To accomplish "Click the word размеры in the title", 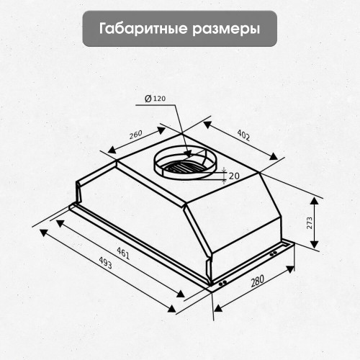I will (226, 29).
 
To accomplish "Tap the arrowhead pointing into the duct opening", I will (186, 153).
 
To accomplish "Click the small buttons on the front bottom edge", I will (223, 283).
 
